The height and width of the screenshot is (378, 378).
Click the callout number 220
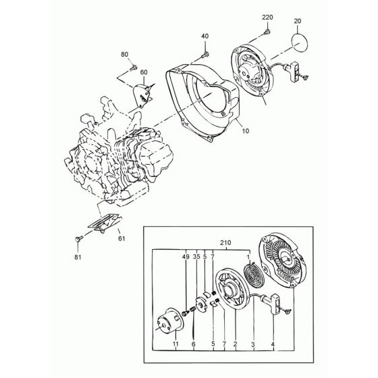267,18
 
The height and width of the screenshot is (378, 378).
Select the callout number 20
298,21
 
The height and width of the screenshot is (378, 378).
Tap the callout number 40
205,36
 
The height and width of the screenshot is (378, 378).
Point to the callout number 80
124,55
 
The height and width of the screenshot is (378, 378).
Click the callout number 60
144,72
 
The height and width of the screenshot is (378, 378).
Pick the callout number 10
245,131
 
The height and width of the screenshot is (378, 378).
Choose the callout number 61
122,238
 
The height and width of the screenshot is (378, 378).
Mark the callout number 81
78,257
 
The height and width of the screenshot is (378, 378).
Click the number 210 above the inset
225,243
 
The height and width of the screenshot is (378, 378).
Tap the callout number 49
186,257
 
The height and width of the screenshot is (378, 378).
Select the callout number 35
196,257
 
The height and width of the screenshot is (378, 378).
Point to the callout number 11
175,344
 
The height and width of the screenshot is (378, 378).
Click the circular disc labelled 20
300,43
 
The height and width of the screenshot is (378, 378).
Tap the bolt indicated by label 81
79,238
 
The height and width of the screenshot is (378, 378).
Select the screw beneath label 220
267,32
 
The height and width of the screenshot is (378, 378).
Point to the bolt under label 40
205,55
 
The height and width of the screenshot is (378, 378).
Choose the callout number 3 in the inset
253,345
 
